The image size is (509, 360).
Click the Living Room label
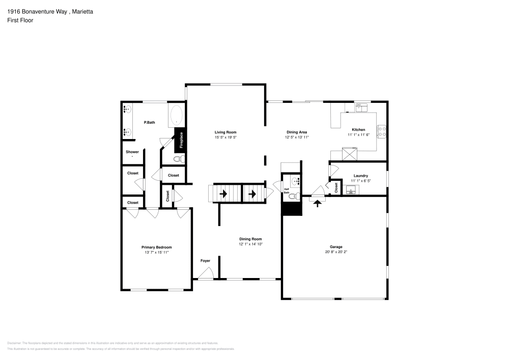(x=225, y=132)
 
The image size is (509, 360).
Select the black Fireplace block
(x=180, y=141)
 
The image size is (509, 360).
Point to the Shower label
(x=132, y=152)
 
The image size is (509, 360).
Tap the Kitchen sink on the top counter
(x=361, y=107)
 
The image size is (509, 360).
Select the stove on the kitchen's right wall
(x=382, y=132)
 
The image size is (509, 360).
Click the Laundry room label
(x=360, y=176)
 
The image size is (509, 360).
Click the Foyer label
(x=205, y=261)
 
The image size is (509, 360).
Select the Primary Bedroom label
(x=156, y=247)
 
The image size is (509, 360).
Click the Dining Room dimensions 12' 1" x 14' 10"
(x=250, y=244)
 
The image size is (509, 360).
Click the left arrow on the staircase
(x=223, y=193)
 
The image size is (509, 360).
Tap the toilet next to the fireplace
(x=178, y=159)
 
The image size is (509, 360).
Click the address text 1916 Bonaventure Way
(x=36, y=11)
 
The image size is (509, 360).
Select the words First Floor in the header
(x=20, y=20)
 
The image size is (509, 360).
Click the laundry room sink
(x=351, y=190)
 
